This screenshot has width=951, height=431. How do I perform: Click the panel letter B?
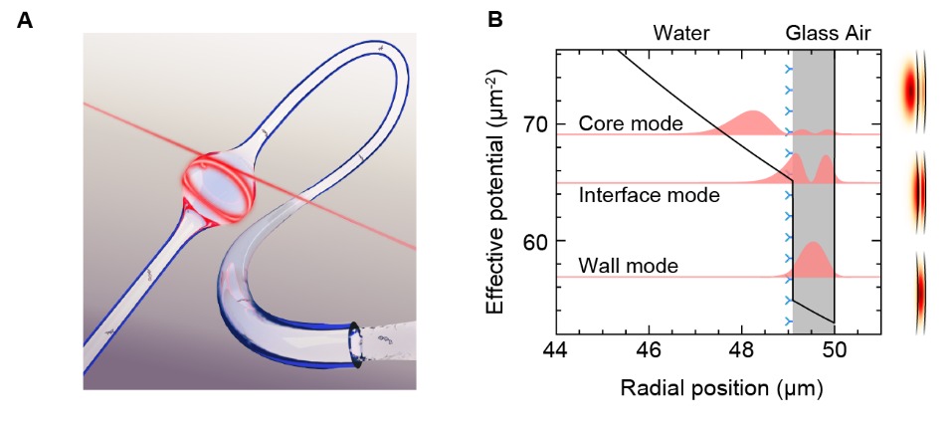(x=494, y=20)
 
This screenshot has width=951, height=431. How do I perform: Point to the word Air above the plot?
(x=857, y=34)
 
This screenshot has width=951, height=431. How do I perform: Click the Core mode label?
(x=630, y=124)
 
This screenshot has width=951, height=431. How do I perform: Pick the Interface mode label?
(x=649, y=196)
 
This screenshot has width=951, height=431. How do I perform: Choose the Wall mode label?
(x=628, y=266)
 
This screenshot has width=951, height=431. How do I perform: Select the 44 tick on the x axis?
(x=556, y=351)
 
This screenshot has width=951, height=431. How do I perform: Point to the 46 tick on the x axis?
(x=649, y=351)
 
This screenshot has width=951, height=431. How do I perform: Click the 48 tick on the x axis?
(x=741, y=351)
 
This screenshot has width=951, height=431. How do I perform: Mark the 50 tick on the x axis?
(x=834, y=351)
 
